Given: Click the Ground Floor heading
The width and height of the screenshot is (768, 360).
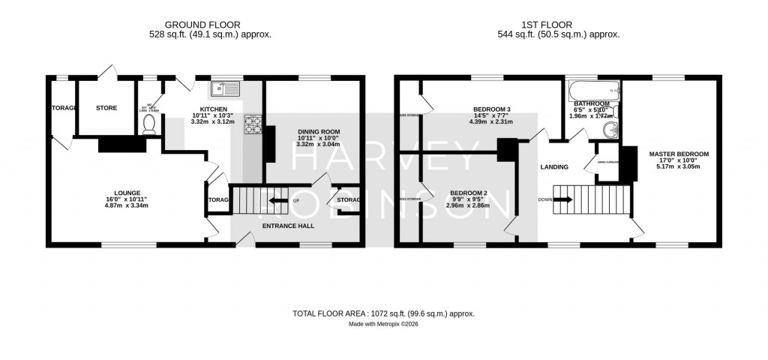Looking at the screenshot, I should tap(209, 24).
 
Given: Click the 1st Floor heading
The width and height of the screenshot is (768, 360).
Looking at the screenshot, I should tap(558, 24).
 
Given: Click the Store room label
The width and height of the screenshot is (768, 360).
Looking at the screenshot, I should tap(106, 108).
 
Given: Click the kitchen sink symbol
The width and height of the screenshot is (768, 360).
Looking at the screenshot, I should tap(225, 90).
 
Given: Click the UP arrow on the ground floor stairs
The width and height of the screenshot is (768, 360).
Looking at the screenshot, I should tap(278, 201).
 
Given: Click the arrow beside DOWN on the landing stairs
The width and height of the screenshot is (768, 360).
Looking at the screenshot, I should tap(563, 199).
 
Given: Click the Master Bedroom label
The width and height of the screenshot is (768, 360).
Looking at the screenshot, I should tap(678, 154).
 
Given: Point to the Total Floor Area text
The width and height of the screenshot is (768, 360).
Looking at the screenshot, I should tap(383, 313).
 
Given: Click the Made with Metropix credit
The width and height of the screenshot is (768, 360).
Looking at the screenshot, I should tap(383, 324).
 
